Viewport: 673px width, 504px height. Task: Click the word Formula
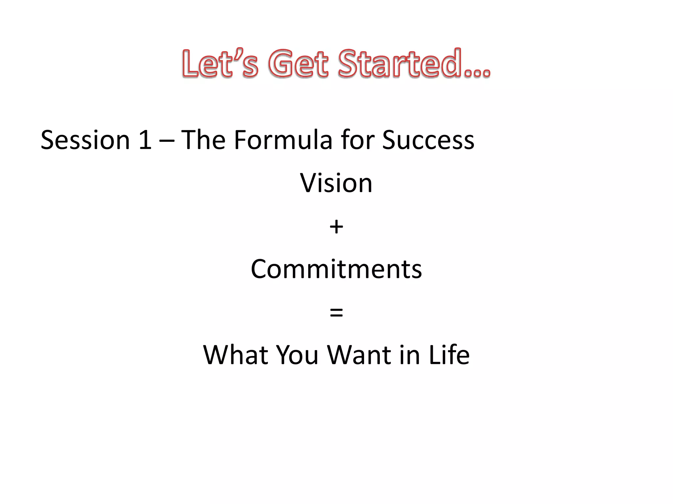tap(283, 140)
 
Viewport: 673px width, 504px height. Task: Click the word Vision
tap(336, 183)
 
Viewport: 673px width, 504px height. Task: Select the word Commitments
tap(336, 269)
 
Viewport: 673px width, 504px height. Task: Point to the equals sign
tap(336, 313)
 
